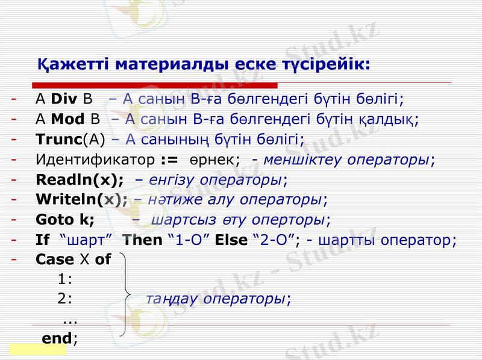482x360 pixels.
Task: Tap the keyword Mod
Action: pyautogui.click(x=68, y=119)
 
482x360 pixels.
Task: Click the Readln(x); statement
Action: pyautogui.click(x=80, y=180)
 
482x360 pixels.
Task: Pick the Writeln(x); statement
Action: pyautogui.click(x=82, y=199)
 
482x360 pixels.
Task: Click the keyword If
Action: pyautogui.click(x=43, y=240)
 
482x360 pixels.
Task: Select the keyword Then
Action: pyautogui.click(x=142, y=240)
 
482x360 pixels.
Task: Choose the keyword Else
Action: pyautogui.click(x=231, y=240)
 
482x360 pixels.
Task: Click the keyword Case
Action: pyautogui.click(x=55, y=259)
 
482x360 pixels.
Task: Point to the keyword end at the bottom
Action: pyautogui.click(x=57, y=338)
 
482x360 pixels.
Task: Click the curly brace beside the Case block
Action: pyautogui.click(x=125, y=295)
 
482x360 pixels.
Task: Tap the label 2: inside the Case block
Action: pyautogui.click(x=65, y=299)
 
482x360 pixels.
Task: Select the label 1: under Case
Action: pyautogui.click(x=65, y=279)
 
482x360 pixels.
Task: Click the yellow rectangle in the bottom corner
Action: pyautogui.click(x=29, y=349)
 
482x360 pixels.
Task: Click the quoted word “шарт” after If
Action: pyautogui.click(x=85, y=240)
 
